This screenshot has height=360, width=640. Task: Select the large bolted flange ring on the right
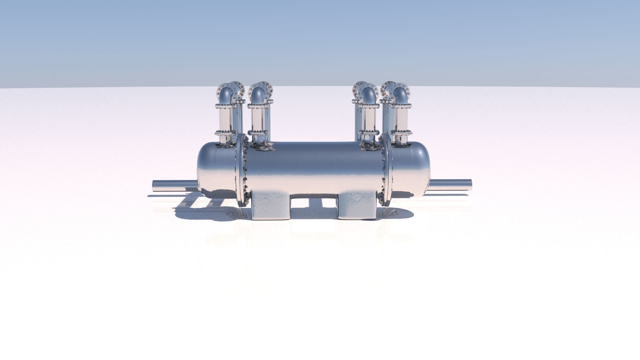pyautogui.click(x=387, y=170)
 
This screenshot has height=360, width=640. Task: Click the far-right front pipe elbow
pyautogui.click(x=401, y=94)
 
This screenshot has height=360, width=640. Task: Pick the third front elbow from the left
pyautogui.click(x=369, y=94)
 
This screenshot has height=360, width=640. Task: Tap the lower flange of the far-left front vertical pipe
pyautogui.click(x=225, y=133)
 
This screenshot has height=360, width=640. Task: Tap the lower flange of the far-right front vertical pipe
pyautogui.click(x=401, y=133)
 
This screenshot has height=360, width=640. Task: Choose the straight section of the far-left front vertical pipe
pyautogui.click(x=226, y=119)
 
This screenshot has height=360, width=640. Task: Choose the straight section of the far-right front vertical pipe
pyautogui.click(x=401, y=119)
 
